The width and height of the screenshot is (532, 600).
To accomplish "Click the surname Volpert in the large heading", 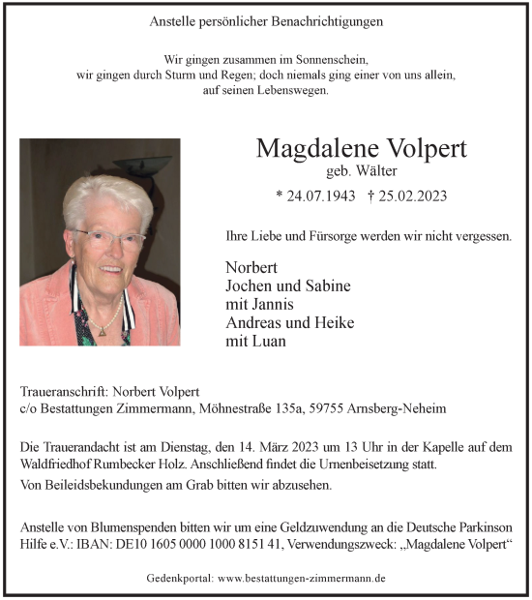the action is (x=420, y=148).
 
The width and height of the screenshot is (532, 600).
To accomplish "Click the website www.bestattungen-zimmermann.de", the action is (x=303, y=577).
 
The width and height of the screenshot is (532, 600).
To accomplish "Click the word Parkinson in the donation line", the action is (x=483, y=526).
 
